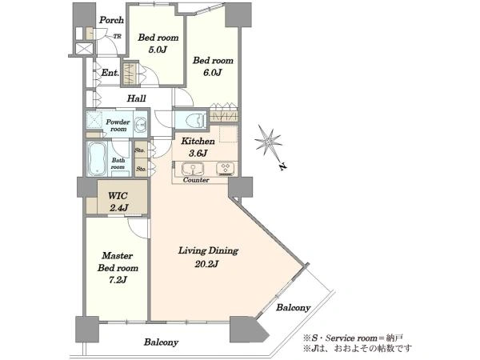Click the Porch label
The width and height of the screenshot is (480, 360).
point(111,20)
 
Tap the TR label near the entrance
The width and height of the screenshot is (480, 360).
point(118,37)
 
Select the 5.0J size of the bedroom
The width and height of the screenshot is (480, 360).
point(158,50)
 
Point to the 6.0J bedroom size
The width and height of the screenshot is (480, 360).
point(212,73)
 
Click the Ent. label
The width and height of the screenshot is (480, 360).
point(110,73)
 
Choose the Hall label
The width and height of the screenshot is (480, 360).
point(137,98)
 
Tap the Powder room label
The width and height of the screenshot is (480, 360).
point(118,126)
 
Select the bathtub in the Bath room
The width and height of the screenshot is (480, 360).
point(98,159)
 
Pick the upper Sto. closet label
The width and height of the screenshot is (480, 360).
point(141,150)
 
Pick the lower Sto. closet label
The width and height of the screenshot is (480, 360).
point(141,169)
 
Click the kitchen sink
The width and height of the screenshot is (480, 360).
point(193,169)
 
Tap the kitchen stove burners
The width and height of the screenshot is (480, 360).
point(226,168)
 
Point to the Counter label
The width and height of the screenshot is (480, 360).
point(196,180)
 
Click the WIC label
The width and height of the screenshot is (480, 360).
point(118,195)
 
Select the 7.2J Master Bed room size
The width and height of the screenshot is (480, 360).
point(118,280)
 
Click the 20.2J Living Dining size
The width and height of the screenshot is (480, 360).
point(207,263)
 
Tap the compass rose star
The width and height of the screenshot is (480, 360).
point(269,141)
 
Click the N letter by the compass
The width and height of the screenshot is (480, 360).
point(283,167)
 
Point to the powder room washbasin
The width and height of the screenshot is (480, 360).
point(141,125)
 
